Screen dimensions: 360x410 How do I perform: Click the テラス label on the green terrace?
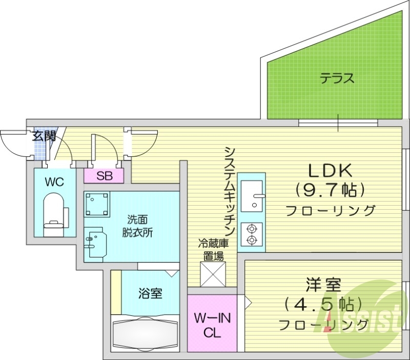[337, 79]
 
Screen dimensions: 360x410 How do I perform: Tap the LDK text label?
[329, 170]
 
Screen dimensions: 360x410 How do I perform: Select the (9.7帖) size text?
[330, 190]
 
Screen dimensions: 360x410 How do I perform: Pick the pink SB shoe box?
[105, 175]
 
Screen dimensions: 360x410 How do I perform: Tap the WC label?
[53, 181]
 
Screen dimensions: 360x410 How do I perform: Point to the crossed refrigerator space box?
[213, 274]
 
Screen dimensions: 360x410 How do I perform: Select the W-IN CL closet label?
[212, 325]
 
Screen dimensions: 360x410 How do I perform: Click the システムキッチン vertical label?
[229, 190]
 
